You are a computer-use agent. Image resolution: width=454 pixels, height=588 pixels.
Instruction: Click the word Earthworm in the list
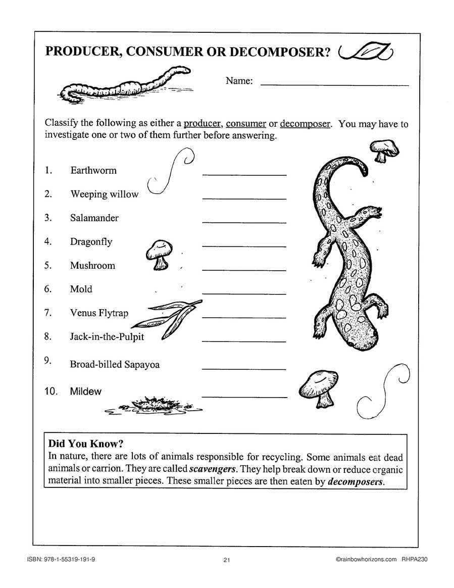tap(93, 170)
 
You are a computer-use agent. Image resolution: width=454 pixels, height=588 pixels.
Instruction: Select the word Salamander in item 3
tap(94, 218)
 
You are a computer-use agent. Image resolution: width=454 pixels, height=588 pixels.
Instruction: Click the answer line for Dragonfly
tap(244, 246)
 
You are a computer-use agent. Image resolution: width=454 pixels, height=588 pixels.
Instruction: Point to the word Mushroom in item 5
tap(92, 265)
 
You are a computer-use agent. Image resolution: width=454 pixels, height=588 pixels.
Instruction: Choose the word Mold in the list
tap(81, 289)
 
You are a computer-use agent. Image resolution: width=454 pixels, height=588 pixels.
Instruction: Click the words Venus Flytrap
tap(99, 313)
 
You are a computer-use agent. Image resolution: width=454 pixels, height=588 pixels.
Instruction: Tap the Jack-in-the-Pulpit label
tap(107, 336)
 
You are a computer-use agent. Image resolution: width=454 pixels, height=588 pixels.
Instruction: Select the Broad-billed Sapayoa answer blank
tap(244, 369)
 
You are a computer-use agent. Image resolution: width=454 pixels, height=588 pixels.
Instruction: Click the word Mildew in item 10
tap(86, 391)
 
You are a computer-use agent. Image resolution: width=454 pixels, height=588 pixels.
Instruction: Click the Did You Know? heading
tap(85, 445)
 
